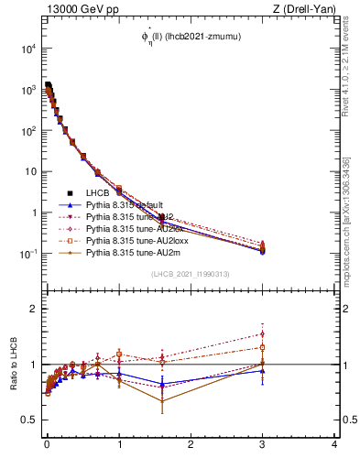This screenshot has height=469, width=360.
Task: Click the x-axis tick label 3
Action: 263,444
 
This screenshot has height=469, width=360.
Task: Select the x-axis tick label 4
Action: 334,444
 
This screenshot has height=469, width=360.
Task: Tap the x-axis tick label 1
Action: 119,444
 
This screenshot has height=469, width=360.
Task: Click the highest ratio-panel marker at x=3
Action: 263,333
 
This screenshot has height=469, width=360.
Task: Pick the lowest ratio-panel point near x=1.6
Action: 162,401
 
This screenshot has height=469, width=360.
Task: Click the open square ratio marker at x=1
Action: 119,354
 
